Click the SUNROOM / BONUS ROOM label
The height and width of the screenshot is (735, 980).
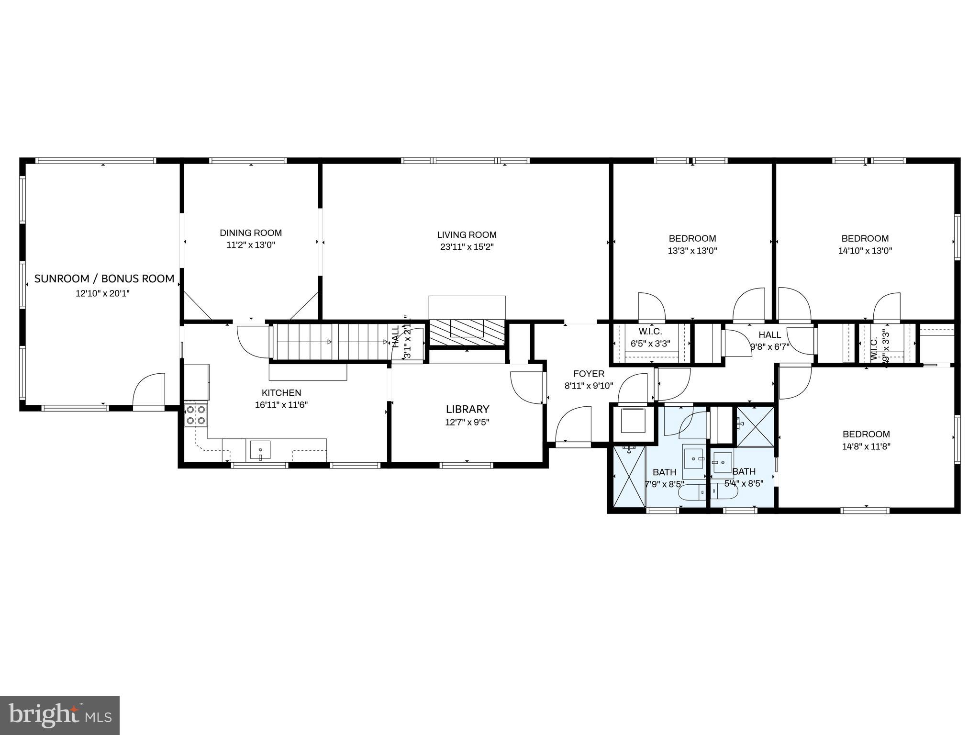104,278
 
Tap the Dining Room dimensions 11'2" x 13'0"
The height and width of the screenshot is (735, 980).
251,245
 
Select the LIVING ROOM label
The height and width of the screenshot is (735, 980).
467,234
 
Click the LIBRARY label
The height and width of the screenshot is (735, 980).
468,409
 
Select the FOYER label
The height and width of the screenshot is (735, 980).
589,374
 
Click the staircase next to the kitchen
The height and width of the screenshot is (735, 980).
330,342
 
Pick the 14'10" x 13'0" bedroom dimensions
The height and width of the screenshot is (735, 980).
865,250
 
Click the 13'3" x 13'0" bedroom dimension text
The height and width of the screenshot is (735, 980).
692,250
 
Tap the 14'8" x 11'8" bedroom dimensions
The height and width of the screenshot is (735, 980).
866,446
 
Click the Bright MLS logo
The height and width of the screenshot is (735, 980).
60,715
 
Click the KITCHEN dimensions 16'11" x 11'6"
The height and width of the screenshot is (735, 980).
281,405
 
